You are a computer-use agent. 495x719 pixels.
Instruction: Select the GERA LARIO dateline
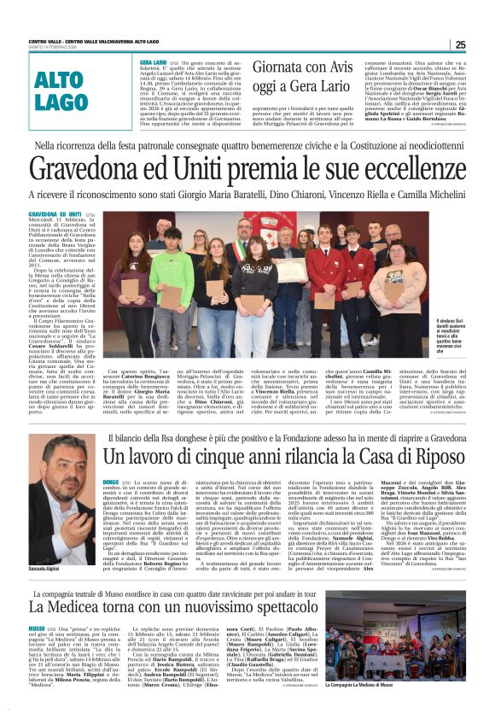[x=153, y=62]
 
